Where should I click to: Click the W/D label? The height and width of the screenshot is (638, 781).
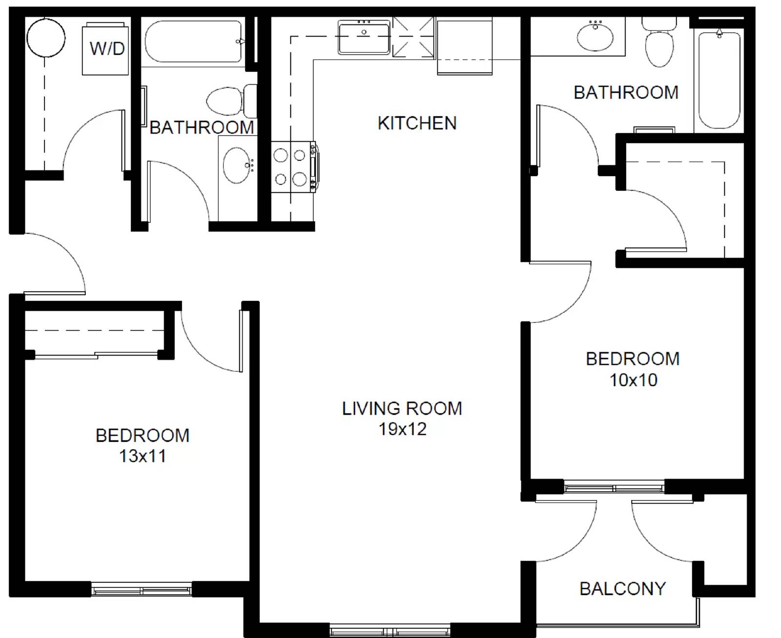click(x=106, y=48)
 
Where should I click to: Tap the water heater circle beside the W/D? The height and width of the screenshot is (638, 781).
click(x=46, y=38)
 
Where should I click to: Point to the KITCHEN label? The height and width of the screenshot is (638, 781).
click(x=417, y=123)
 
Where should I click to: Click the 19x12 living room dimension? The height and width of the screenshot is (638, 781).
click(x=402, y=429)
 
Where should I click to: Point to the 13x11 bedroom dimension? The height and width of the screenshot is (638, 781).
click(x=143, y=456)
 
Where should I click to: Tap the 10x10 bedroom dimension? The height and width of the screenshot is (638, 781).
click(x=633, y=380)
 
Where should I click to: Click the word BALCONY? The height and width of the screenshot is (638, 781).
click(x=622, y=589)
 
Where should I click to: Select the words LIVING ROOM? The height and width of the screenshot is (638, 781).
click(x=402, y=408)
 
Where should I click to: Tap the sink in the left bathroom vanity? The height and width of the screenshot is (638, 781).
click(x=237, y=165)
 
